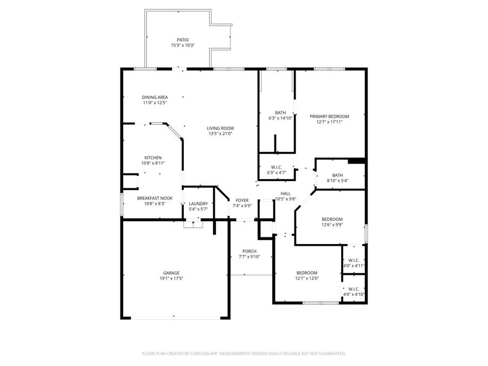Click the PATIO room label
point(183,40)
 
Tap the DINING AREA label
point(155,98)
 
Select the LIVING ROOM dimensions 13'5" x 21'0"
point(220,134)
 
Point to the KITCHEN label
point(152,157)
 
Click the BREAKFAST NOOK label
point(155,198)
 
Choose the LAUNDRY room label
point(198,203)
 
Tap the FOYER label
point(242,200)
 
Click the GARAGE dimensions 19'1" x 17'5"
point(171,279)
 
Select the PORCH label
point(249,251)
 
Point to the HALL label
point(285,194)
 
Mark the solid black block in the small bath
point(356,160)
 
